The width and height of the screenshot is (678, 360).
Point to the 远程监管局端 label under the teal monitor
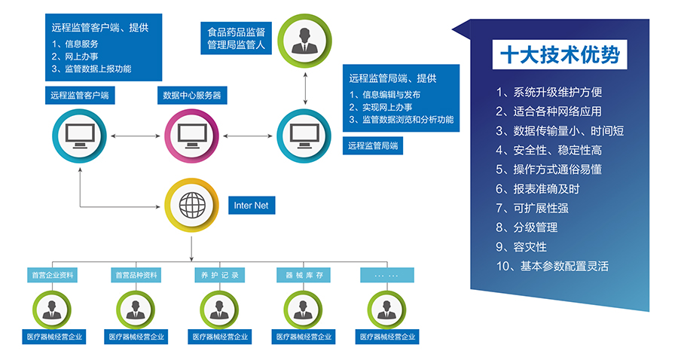(x=372, y=146)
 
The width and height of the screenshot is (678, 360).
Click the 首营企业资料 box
(x=52, y=275)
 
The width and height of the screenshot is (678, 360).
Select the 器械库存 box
(x=304, y=275)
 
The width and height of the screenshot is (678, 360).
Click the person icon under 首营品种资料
(x=136, y=309)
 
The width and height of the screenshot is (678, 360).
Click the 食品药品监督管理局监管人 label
(x=236, y=38)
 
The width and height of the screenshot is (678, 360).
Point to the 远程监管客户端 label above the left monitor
(x=80, y=96)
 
